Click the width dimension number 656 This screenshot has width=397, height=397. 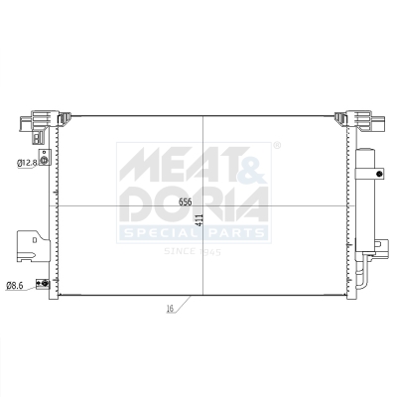coord(185,201)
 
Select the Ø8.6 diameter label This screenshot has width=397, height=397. coord(15,286)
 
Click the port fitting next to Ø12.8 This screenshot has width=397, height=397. coord(43,161)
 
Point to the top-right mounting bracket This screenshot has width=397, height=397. coord(358,121)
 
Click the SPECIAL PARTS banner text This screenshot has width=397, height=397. coord(193,234)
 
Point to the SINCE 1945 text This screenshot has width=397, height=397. coord(193,252)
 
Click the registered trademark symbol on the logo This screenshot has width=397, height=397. coord(276,146)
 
